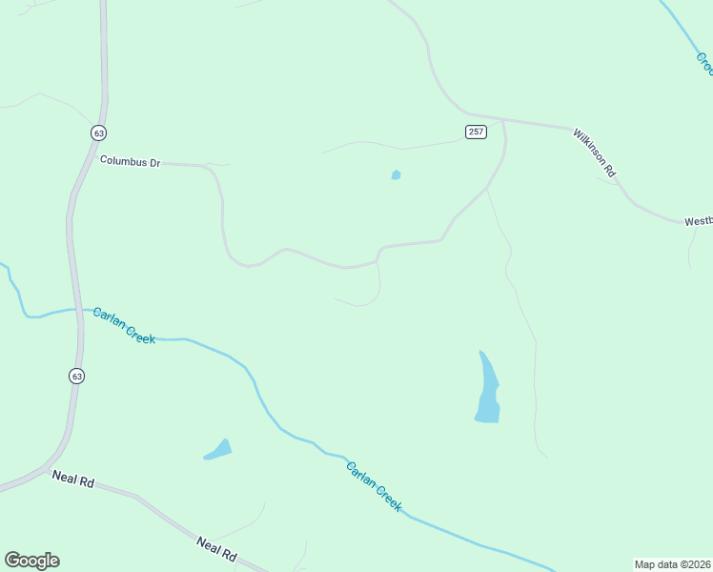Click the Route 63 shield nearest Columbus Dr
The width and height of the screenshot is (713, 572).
98,133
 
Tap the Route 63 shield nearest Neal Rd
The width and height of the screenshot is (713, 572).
76,376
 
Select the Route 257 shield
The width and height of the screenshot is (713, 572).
477,132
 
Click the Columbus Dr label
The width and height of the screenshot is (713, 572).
130,162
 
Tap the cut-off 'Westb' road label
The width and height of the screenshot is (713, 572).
697,221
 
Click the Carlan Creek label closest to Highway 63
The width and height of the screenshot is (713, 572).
124,325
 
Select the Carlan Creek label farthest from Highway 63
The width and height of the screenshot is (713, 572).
374,486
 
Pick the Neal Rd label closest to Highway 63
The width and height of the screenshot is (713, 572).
72,480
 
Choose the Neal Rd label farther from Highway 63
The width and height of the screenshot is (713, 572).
215,547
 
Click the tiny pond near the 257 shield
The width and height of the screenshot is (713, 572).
396,174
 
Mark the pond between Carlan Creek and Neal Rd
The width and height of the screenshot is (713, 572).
219,450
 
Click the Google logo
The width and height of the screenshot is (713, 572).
31,561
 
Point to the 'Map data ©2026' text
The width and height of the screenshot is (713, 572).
673,564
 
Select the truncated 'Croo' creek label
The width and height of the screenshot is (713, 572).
703,63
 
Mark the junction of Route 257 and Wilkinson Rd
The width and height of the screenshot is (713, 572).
502,121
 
